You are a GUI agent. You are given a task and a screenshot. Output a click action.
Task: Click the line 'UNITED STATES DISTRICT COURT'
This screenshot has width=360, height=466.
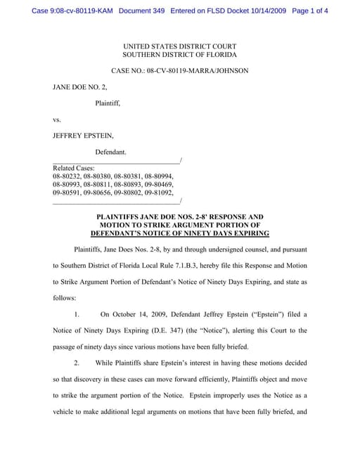tap(180, 46)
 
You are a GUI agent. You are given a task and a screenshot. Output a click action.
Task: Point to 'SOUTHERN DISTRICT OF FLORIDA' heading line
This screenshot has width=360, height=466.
tap(180, 55)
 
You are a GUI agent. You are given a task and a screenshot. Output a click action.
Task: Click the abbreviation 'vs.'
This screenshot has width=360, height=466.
tap(57, 119)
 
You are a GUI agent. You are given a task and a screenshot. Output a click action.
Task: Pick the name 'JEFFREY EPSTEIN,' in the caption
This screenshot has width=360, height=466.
tap(84, 136)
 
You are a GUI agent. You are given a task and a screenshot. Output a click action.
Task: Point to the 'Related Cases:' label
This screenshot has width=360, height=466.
tap(74, 169)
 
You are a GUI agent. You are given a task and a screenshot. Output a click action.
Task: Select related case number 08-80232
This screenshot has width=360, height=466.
tap(66, 176)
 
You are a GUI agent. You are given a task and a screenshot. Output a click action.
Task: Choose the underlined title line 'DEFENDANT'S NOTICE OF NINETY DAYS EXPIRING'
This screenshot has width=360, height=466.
tap(180, 233)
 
